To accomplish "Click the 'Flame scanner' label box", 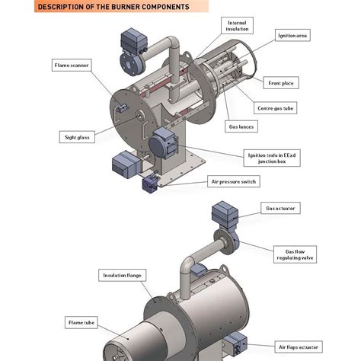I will point(73,65).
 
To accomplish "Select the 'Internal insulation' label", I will point(236,27).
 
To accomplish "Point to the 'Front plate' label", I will point(283,81).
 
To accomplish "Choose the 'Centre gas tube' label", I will point(276,109).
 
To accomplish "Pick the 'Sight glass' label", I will point(77,137).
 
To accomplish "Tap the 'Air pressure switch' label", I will point(234,181).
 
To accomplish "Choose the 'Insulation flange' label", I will point(123,274).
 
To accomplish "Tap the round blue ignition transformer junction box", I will point(162,142).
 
